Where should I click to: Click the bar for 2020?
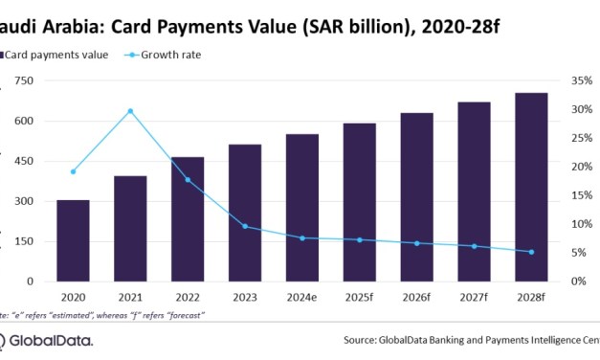[x=74, y=240]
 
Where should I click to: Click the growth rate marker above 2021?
[x=130, y=111]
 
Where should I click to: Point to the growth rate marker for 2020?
[x=74, y=171]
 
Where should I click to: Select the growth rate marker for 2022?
[x=188, y=179]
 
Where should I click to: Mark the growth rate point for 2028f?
[x=532, y=252]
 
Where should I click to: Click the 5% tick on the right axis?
[x=575, y=253]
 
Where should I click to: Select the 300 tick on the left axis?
[x=21, y=201]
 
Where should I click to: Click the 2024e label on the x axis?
[x=302, y=297]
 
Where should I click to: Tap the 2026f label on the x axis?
[x=417, y=297]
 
